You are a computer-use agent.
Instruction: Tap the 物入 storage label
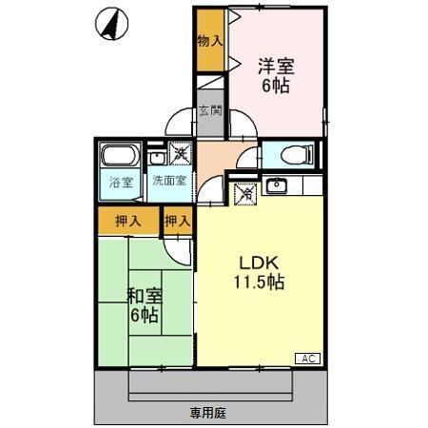210,42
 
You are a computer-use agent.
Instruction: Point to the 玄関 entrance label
210,112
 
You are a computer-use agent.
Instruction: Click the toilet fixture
286,153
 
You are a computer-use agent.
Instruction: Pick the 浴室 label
121,181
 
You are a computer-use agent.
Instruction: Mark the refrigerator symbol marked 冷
245,191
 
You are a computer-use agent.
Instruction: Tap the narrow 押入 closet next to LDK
177,222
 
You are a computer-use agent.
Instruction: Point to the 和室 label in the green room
145,295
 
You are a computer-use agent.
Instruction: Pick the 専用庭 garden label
208,413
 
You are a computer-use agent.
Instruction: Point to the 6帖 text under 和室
145,315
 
